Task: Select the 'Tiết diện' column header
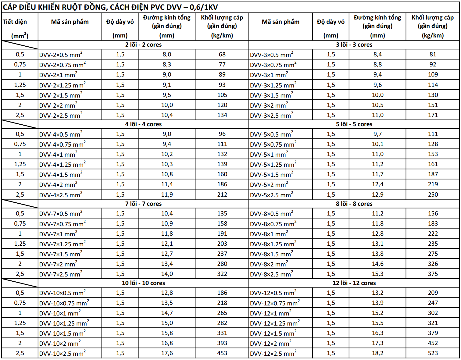point(15,22)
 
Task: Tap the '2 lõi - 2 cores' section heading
point(143,45)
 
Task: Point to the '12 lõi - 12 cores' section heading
point(354,283)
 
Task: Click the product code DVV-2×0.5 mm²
point(61,55)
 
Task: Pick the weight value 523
point(433,353)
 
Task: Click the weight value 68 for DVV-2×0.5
point(222,55)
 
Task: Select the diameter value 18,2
point(377,353)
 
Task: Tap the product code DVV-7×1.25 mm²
point(62,244)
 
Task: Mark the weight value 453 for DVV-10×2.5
point(222,353)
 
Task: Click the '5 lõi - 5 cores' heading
point(354,124)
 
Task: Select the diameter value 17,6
point(167,353)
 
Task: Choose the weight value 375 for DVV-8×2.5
point(433,274)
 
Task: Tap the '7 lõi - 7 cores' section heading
point(143,204)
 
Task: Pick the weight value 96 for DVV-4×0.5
point(222,134)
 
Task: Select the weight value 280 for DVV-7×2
point(222,264)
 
